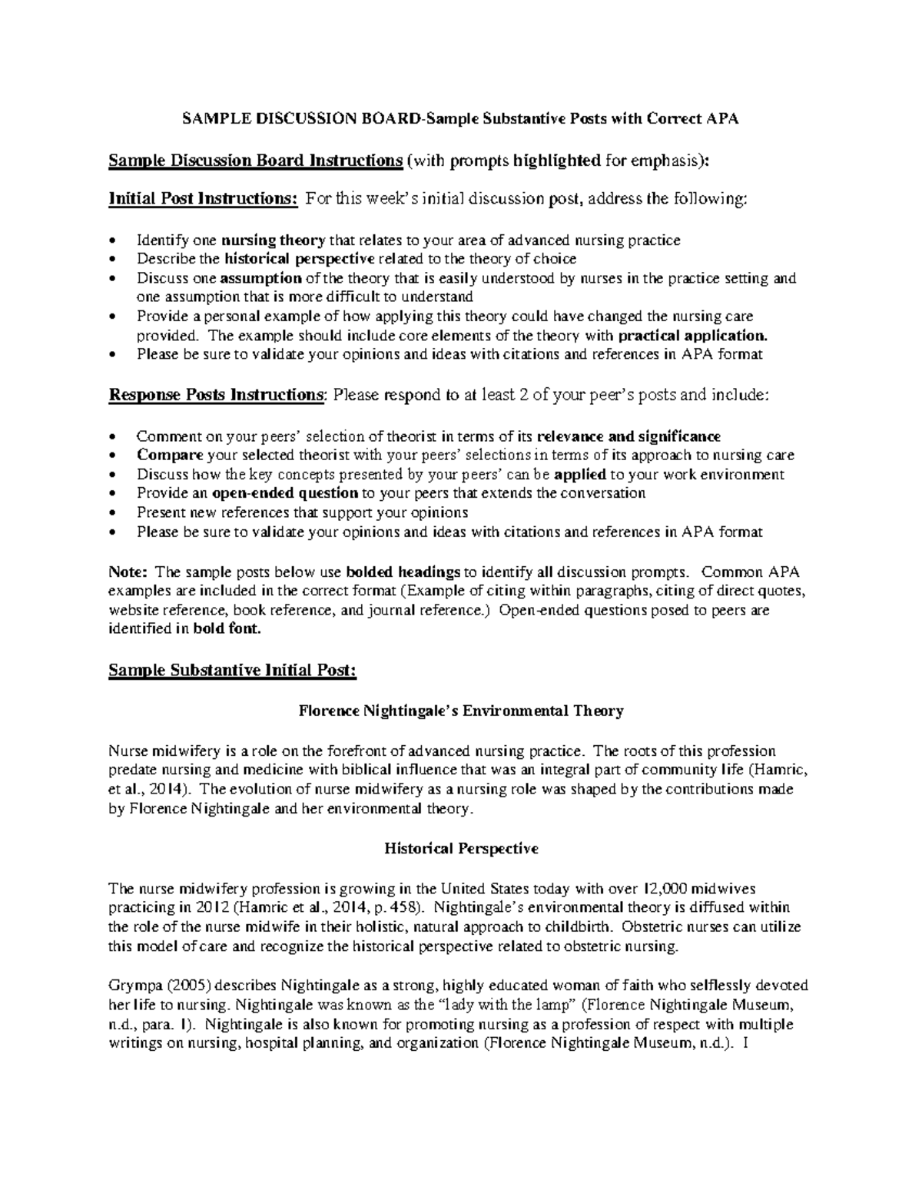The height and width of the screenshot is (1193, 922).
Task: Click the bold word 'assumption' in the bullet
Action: pyautogui.click(x=262, y=278)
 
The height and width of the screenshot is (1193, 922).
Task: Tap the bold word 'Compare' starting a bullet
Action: pyautogui.click(x=170, y=456)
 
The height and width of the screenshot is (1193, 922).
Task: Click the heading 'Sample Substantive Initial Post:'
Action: pyautogui.click(x=233, y=671)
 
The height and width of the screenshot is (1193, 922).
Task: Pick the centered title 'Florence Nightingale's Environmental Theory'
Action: pyautogui.click(x=460, y=711)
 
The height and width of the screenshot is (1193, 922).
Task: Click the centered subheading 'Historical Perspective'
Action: pyautogui.click(x=461, y=849)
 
